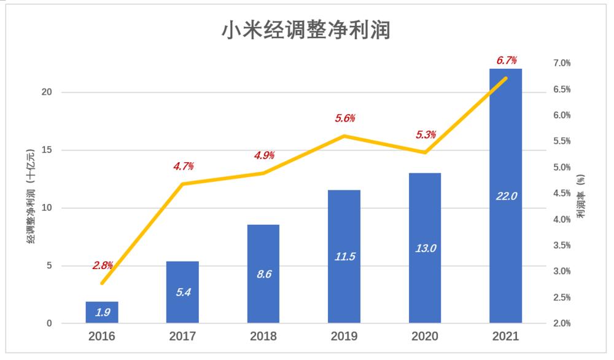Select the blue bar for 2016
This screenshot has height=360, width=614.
[102, 312]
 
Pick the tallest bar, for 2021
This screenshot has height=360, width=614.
[505, 197]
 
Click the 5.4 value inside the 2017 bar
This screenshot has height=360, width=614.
[182, 292]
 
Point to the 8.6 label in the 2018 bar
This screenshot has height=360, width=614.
[263, 274]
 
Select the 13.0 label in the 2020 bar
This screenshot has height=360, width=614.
[425, 248]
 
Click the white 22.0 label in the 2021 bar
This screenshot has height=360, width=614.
[506, 196]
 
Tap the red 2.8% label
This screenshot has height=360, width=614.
[103, 265]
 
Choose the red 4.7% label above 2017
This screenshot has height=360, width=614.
[182, 166]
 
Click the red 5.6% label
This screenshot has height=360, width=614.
[345, 118]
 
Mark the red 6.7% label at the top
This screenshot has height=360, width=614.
[506, 60]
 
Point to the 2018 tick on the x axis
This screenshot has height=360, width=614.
[263, 337]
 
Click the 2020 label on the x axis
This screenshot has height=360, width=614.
[425, 337]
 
